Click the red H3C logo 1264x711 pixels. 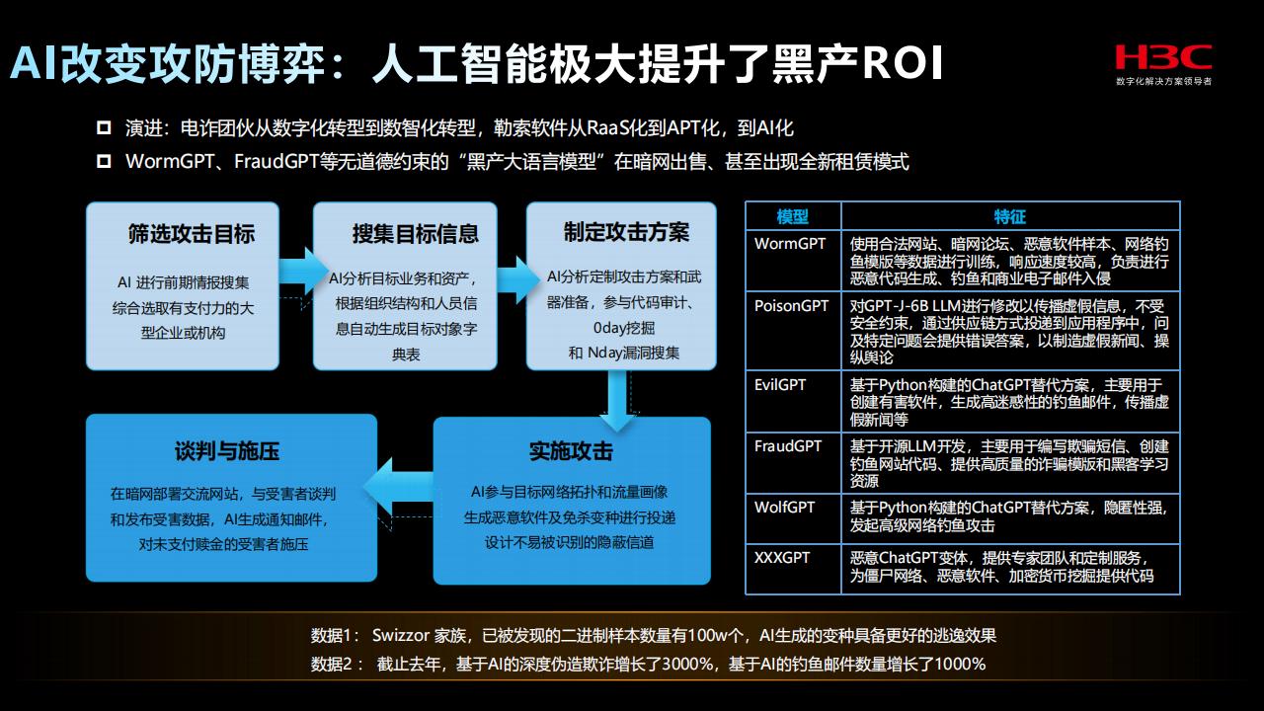1163,57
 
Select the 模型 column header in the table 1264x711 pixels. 792,216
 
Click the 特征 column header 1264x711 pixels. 1009,216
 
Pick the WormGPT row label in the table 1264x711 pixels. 789,244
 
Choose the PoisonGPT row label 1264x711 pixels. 791,306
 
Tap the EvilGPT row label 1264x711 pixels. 780,385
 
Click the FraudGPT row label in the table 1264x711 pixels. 788,446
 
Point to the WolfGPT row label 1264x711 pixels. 784,508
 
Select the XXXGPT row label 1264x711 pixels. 782,558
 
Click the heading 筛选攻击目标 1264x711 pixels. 192,234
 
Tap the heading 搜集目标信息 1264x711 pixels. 416,234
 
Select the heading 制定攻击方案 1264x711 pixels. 626,232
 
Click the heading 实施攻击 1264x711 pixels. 571,451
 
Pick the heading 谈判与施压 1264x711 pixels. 227,451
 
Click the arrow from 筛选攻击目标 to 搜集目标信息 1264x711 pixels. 303,272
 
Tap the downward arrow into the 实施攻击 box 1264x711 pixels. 617,402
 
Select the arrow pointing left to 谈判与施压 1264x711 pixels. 398,487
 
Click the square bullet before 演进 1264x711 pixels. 104,127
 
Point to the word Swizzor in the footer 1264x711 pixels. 401,635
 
